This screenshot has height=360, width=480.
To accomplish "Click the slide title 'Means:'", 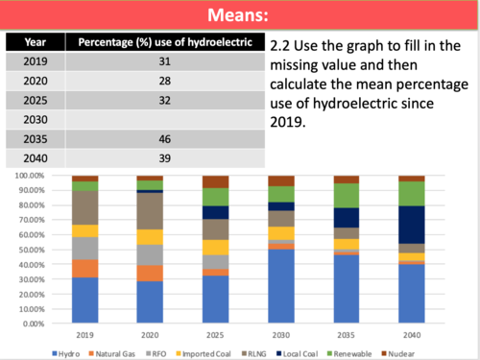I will coord(240,14).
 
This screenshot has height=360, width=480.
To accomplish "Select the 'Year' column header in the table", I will coord(35,42).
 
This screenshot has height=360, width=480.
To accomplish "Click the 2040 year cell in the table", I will coord(35,158).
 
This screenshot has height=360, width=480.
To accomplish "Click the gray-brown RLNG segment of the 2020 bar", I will coord(150,211).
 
